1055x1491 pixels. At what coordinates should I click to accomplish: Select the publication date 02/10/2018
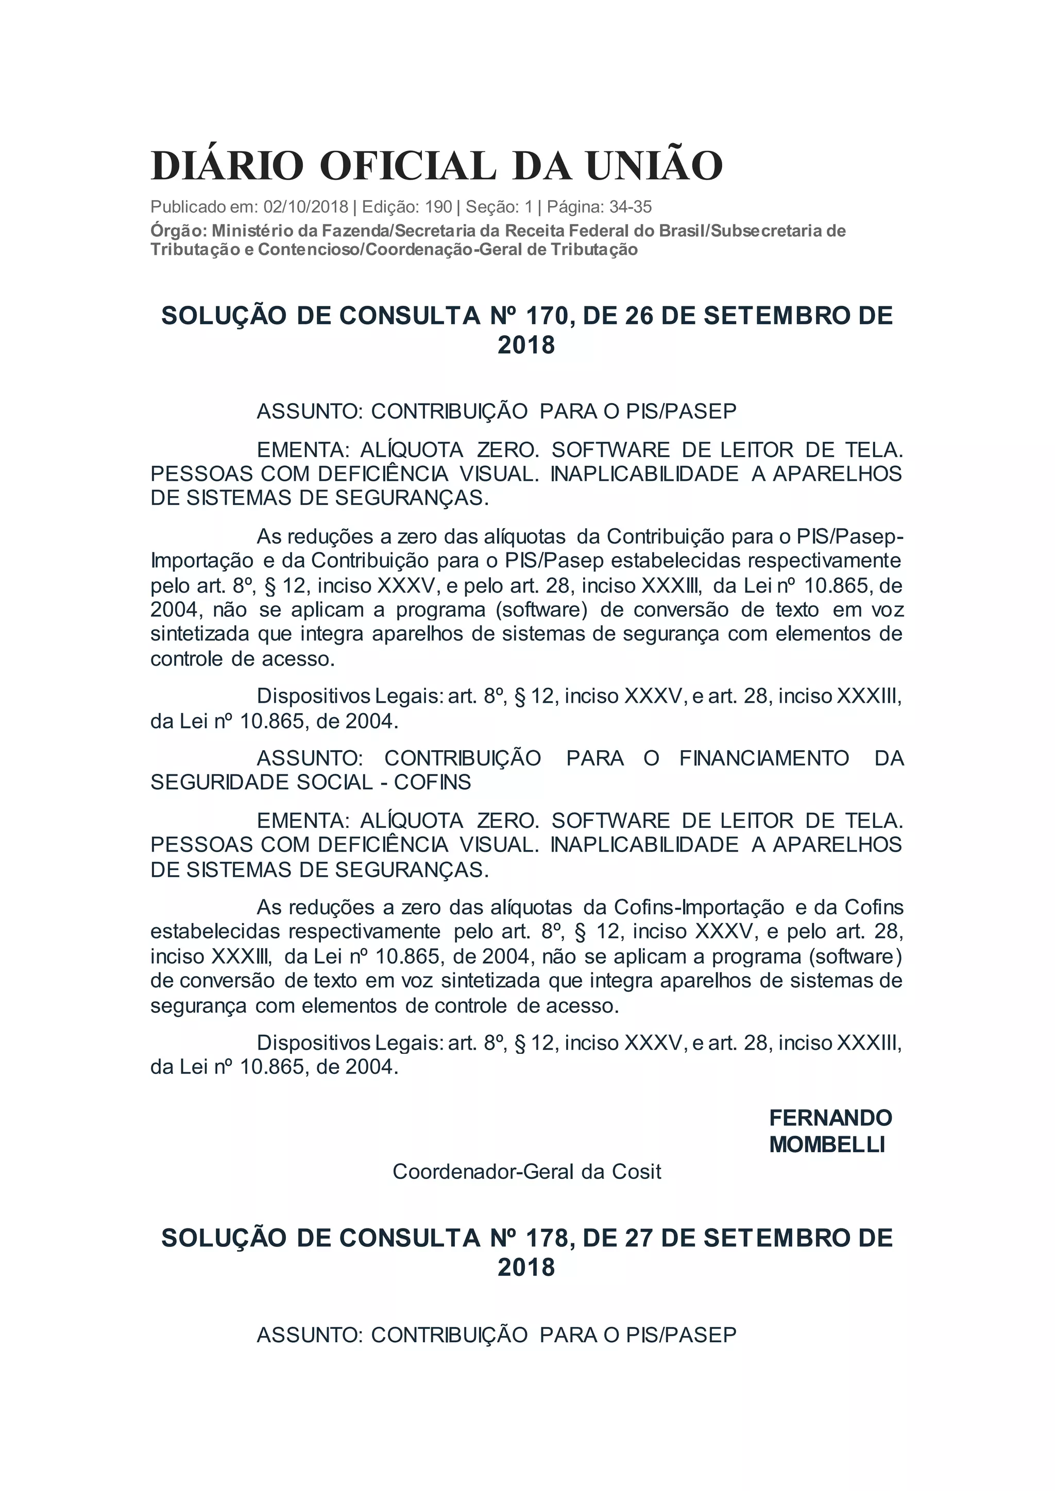pyautogui.click(x=306, y=207)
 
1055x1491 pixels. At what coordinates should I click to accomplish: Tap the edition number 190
pyautogui.click(x=438, y=207)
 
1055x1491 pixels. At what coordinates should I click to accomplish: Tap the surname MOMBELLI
pyautogui.click(x=827, y=1144)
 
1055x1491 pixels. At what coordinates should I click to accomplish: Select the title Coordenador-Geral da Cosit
pyautogui.click(x=527, y=1171)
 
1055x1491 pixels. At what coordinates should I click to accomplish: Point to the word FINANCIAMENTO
pyautogui.click(x=764, y=758)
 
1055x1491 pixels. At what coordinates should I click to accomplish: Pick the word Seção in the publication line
pyautogui.click(x=492, y=207)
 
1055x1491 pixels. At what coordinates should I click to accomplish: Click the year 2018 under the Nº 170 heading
pyautogui.click(x=526, y=345)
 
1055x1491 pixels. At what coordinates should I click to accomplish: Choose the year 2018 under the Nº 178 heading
pyautogui.click(x=526, y=1268)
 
